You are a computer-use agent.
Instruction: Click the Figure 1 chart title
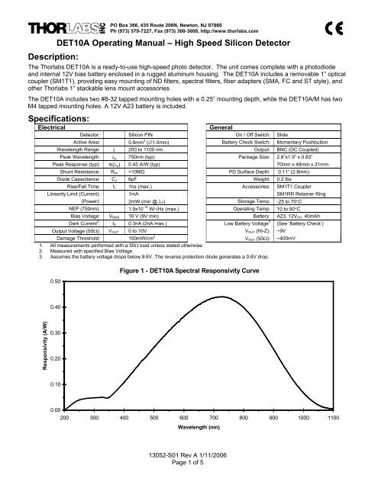199,250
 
